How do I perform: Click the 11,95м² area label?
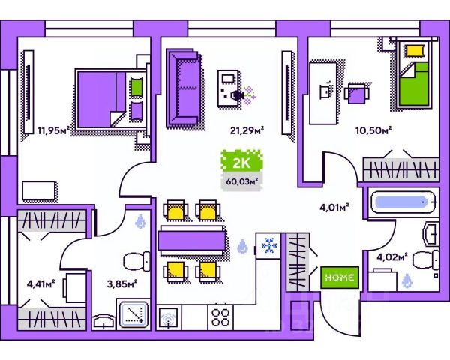coord(53,130)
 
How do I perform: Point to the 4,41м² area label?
coord(42,283)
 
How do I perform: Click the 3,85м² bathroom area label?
coord(121,283)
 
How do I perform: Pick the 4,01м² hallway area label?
coord(334,199)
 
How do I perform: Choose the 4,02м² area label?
coord(391,257)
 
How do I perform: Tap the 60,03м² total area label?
coord(241,180)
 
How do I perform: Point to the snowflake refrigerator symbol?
coord(268,245)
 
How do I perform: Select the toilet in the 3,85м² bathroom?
coord(136,262)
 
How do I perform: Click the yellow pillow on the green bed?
coord(414,51)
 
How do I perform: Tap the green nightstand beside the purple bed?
coord(136,86)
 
